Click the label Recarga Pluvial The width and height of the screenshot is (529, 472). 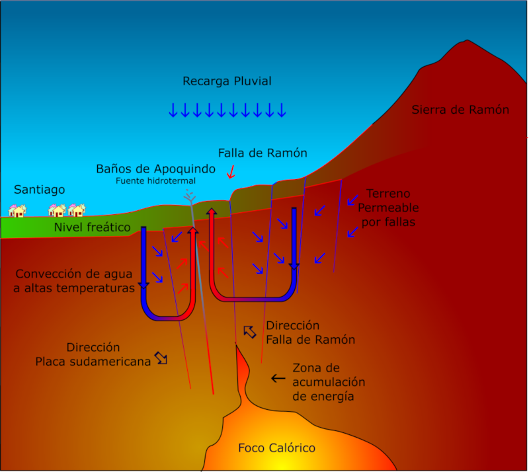tap(227, 81)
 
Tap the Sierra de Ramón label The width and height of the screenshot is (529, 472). tap(460, 110)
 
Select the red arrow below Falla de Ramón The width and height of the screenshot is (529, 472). tap(231, 172)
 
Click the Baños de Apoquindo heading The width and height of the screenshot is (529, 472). tap(155, 169)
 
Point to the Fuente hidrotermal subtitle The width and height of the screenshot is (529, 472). tap(155, 181)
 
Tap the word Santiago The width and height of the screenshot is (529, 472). tap(39, 190)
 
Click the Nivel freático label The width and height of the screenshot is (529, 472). tap(92, 227)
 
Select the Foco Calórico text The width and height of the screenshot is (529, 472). tap(276, 448)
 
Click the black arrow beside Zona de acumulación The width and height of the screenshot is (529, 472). tap(278, 378)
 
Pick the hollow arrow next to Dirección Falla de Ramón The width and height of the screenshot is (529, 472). tap(250, 332)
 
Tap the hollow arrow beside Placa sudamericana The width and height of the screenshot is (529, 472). tap(161, 358)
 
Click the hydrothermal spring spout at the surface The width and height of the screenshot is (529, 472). tap(190, 196)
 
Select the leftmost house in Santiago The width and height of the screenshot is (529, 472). tap(17, 211)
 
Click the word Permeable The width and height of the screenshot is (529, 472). tap(388, 208)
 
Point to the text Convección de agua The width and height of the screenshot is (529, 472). tap(74, 274)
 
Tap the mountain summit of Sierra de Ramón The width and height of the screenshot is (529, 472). tap(467, 41)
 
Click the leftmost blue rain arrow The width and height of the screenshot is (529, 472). tap(173, 110)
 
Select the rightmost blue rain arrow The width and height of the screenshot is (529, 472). tap(282, 110)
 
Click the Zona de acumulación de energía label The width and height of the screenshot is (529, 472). tap(329, 382)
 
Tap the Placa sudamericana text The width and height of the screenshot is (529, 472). tap(93, 362)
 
